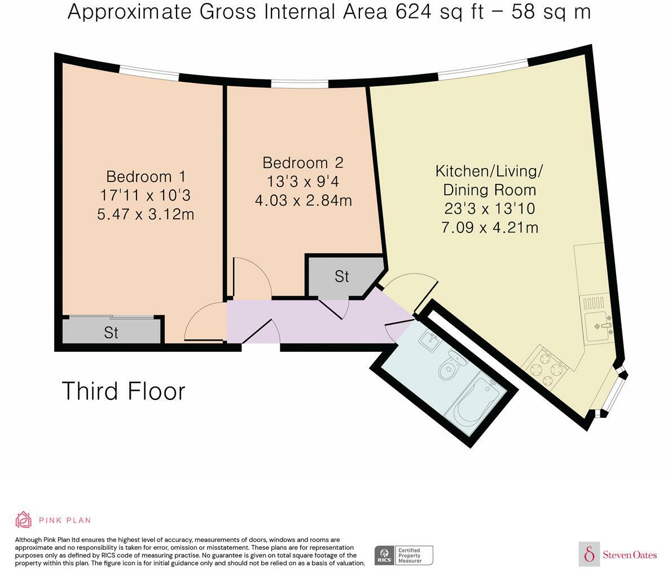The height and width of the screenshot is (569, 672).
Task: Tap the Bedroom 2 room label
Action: pos(303,162)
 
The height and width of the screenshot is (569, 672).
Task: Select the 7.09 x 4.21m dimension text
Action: pos(489,227)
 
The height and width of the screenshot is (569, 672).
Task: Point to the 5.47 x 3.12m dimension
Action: pos(146,214)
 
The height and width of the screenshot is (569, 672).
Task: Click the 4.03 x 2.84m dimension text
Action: pos(303,200)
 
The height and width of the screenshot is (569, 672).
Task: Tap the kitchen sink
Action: pos(599,326)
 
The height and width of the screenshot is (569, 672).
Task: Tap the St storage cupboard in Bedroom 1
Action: pos(112,332)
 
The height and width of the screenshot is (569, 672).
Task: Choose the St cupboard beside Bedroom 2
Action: pos(342,276)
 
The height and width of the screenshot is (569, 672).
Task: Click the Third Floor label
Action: pos(123,391)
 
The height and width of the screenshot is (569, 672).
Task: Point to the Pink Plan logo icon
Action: pos(23,519)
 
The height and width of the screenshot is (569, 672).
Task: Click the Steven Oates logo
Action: pos(618,554)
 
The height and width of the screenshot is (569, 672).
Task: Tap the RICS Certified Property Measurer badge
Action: pos(404,555)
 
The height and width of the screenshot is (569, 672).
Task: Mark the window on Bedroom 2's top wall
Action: pos(299,85)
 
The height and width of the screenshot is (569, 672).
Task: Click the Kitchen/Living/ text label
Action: pos(489,170)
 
